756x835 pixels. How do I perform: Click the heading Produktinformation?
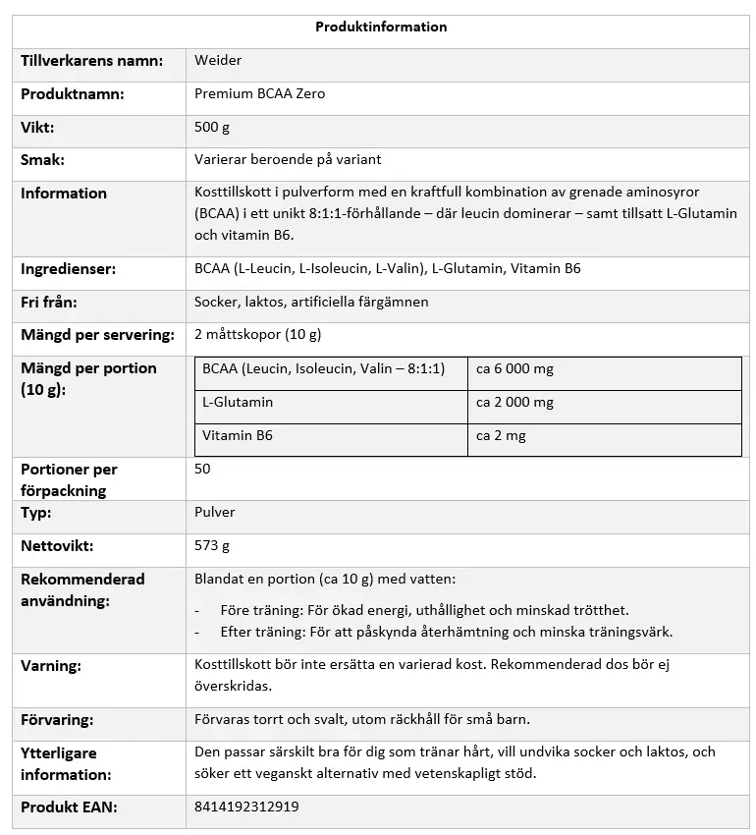click(x=381, y=28)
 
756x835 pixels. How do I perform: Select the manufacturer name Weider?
click(x=218, y=61)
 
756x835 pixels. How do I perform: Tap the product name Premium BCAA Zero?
click(x=259, y=94)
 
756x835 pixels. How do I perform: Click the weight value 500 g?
click(x=212, y=128)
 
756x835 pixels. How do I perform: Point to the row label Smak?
click(x=43, y=160)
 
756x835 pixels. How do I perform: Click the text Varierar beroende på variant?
click(x=288, y=160)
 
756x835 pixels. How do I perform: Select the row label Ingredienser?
click(x=68, y=269)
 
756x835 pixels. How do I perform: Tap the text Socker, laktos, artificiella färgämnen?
click(x=311, y=303)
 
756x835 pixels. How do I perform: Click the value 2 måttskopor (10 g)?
click(x=257, y=335)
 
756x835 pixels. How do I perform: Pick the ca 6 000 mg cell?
click(x=514, y=369)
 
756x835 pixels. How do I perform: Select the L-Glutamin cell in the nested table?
click(x=238, y=403)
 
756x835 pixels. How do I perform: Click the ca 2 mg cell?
click(x=501, y=436)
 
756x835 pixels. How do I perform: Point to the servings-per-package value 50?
click(x=202, y=470)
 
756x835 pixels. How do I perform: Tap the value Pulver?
click(x=215, y=513)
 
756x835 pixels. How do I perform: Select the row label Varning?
click(x=51, y=666)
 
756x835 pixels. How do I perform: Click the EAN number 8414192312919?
click(x=246, y=807)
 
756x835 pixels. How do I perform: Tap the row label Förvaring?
click(x=57, y=720)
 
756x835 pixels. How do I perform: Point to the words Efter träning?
click(x=250, y=633)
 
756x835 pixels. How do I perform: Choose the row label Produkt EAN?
click(x=69, y=807)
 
